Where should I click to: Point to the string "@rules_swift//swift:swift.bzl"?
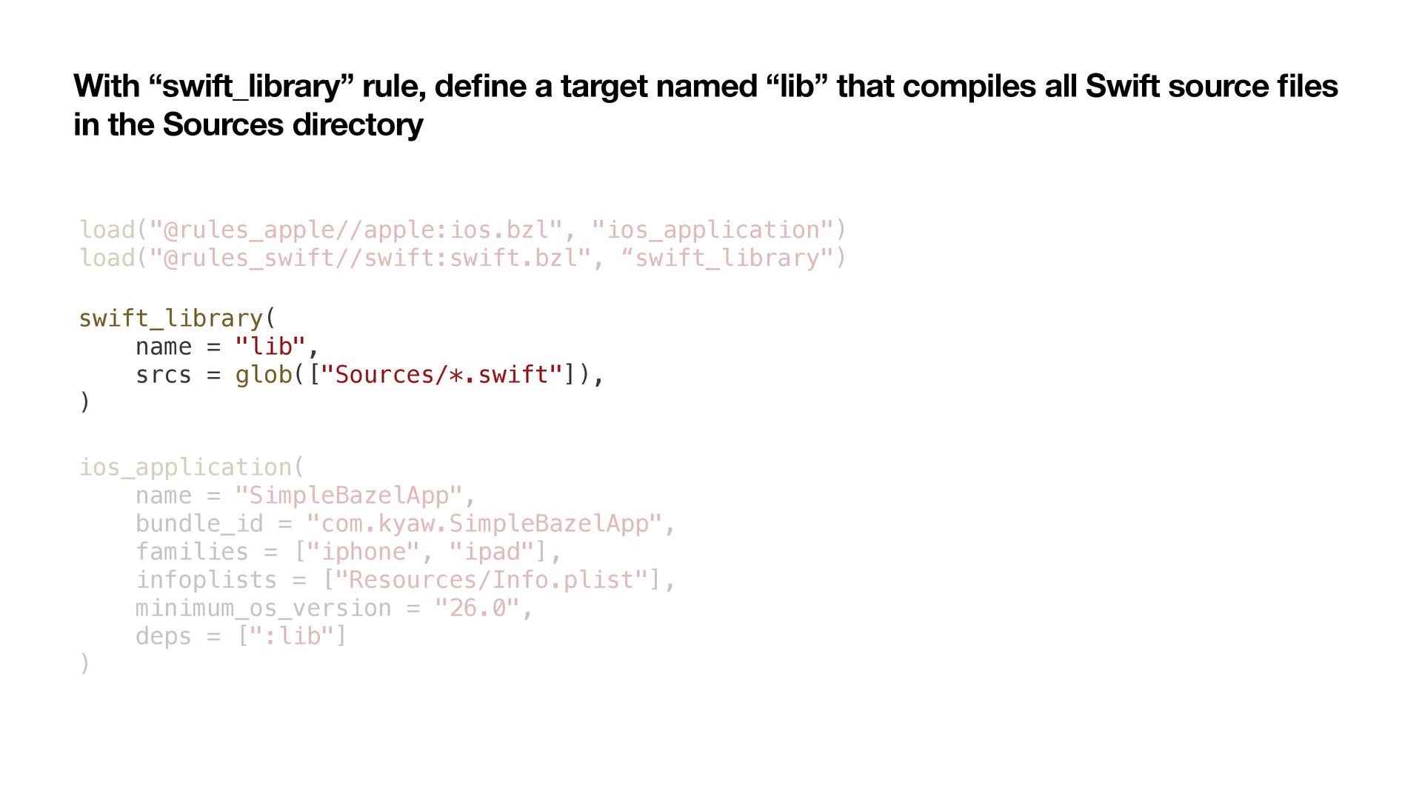click(370, 259)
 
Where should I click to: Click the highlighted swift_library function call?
click(171, 319)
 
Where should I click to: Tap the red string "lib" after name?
click(270, 347)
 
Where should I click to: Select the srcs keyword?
click(163, 375)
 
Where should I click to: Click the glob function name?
click(264, 375)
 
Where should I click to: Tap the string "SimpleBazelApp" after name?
click(349, 496)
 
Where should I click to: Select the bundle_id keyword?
click(198, 524)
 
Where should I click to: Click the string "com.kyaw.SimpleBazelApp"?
click(484, 524)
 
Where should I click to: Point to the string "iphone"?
click(363, 552)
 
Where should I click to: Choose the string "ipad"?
click(491, 552)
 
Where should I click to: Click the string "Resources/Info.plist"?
click(492, 580)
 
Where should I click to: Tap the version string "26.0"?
click(477, 608)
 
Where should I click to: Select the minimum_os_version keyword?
click(263, 608)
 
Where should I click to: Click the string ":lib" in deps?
click(292, 636)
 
